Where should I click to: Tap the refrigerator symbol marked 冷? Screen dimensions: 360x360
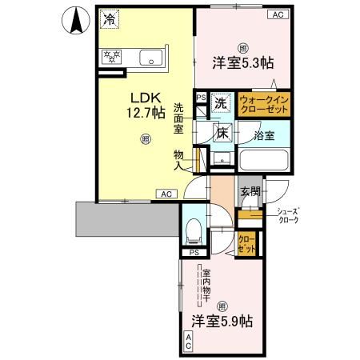coord(110,18)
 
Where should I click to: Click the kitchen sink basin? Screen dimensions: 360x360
coord(151,58)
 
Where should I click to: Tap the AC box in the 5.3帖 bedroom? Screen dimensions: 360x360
coord(278,14)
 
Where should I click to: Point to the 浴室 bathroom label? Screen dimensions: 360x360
coord(264,134)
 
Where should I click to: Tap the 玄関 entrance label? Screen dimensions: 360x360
coord(250,191)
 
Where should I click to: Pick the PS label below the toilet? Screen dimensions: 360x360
coord(194,253)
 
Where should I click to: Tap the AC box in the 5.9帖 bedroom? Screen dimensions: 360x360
coord(189,342)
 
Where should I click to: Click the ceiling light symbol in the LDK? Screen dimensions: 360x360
coord(145,140)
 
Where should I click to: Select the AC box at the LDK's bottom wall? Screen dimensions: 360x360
coord(165,194)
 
